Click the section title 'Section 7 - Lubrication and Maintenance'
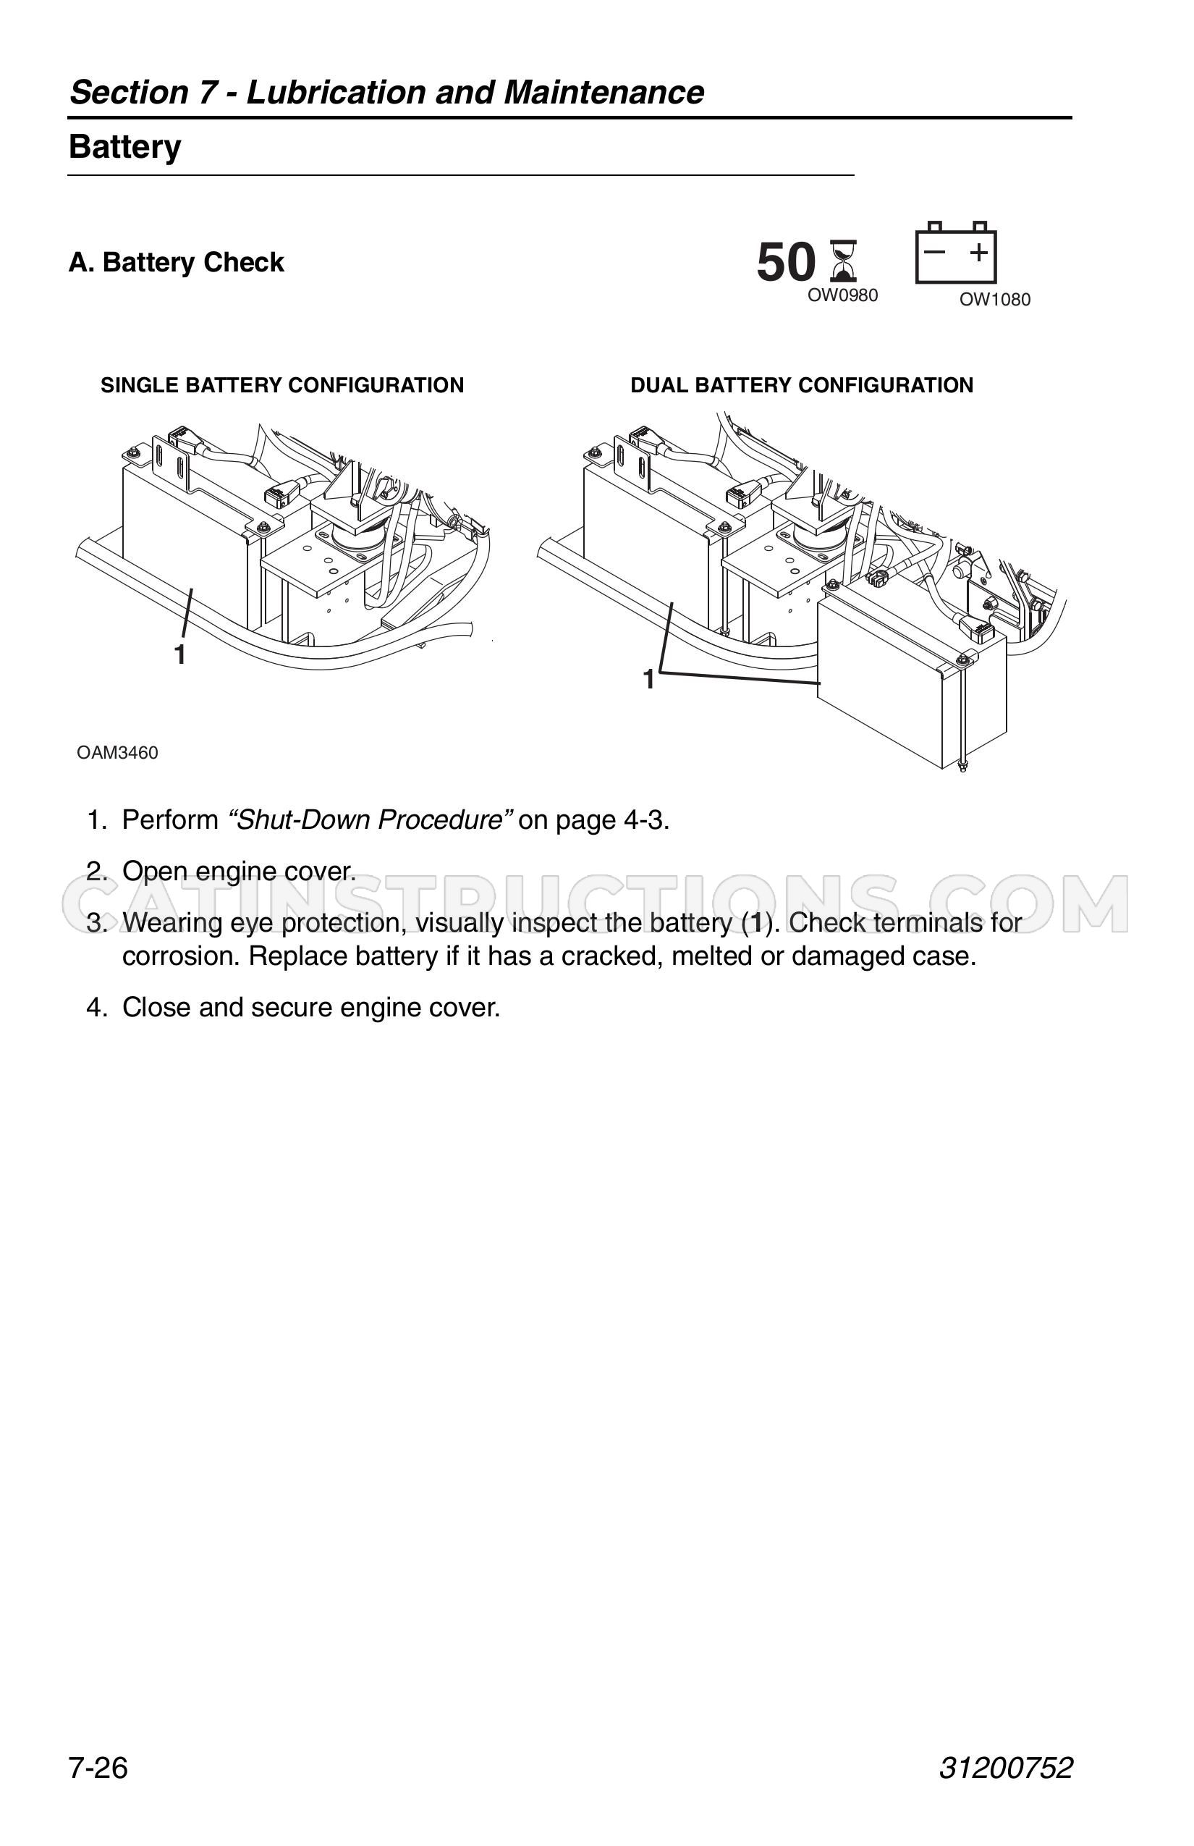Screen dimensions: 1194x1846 [387, 93]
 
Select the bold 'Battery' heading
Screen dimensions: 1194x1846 [124, 146]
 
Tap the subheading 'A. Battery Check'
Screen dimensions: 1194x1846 [177, 262]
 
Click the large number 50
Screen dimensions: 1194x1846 [786, 262]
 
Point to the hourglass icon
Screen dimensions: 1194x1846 [844, 261]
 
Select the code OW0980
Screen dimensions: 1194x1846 [843, 295]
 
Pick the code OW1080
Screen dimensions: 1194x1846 [995, 300]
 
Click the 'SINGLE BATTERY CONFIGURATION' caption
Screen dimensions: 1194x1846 [282, 385]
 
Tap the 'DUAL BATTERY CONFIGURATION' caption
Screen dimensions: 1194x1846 [802, 385]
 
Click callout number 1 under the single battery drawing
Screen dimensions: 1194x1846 [180, 654]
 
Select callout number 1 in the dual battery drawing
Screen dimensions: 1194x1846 [649, 680]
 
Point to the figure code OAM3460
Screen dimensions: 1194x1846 [117, 752]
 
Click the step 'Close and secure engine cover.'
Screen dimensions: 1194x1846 [311, 1008]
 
